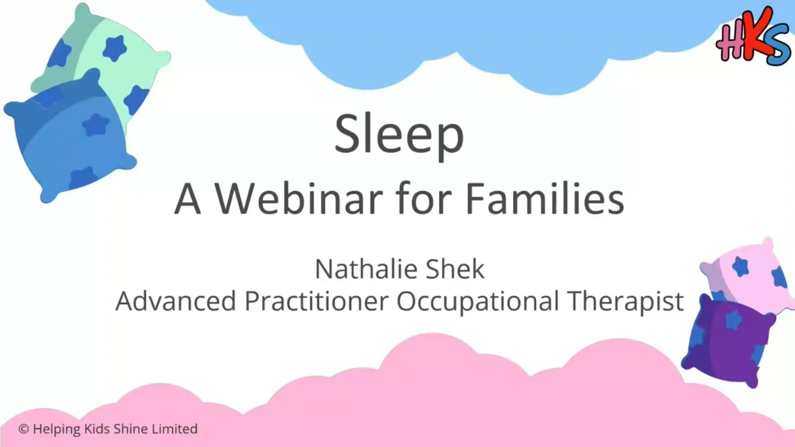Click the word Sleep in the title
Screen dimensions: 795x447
pos(399,134)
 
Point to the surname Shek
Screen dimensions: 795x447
pos(455,269)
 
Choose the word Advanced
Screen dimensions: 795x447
pos(175,301)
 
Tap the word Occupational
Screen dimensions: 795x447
pos(477,302)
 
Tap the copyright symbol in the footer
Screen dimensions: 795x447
pos(23,429)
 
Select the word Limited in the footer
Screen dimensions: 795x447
pos(174,429)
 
